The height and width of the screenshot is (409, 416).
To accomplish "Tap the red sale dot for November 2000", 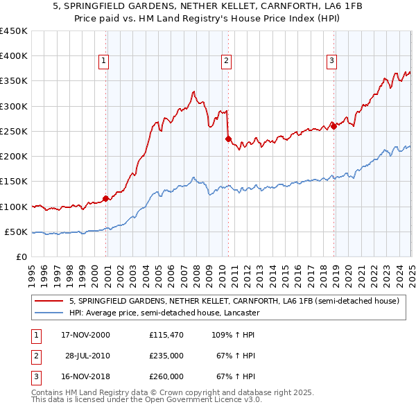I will tap(106, 199).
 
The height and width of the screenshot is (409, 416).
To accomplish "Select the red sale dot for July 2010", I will tap(228, 139).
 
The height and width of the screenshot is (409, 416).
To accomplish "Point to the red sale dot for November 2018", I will tap(333, 126).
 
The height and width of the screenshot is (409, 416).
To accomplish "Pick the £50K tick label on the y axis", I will tap(17, 232).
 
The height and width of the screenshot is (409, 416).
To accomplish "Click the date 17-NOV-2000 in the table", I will tap(85, 335).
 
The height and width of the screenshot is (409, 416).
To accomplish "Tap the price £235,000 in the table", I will tap(166, 356).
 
